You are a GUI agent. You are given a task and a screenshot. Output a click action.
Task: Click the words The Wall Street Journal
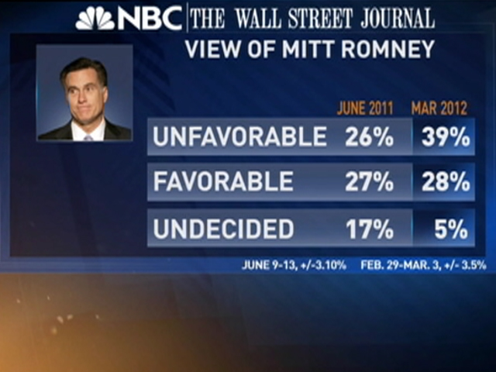click(312, 17)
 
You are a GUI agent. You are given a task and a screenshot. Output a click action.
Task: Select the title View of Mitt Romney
click(308, 50)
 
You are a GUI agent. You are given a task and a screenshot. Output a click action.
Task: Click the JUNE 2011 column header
click(365, 108)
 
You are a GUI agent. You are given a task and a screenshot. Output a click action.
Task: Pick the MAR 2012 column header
click(441, 108)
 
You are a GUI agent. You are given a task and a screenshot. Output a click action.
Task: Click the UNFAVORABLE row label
click(239, 137)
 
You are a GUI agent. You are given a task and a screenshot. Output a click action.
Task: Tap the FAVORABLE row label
click(223, 182)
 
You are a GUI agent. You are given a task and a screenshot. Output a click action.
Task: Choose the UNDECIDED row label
click(223, 229)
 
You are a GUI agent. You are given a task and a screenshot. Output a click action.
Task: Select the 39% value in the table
click(445, 137)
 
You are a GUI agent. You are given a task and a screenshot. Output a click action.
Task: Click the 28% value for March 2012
click(445, 182)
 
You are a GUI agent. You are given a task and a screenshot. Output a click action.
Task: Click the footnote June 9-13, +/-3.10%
click(294, 264)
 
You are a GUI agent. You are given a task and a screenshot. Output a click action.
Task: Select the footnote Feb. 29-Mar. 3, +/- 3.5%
click(423, 264)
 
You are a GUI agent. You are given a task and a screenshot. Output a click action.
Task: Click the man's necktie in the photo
click(87, 136)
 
